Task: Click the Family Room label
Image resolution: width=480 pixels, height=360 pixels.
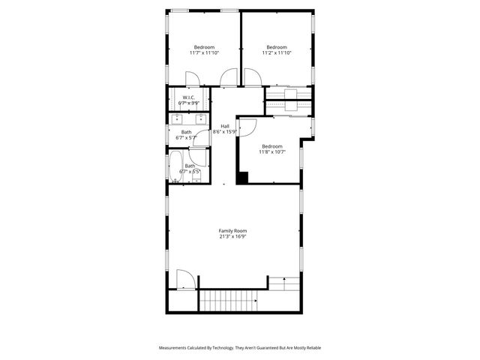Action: [x=232, y=230]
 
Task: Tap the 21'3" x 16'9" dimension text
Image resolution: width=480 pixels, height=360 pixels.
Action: [x=232, y=236]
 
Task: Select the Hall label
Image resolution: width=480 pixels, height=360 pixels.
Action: [x=225, y=126]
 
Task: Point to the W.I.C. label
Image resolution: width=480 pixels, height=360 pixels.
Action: [x=188, y=97]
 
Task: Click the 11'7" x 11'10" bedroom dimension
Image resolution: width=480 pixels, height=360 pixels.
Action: [x=203, y=52]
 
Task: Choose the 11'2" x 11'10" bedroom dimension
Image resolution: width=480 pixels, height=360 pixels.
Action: [x=277, y=52]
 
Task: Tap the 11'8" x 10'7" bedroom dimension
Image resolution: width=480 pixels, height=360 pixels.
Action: [x=271, y=152]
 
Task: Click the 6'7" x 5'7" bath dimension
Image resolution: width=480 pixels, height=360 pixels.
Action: [x=186, y=138]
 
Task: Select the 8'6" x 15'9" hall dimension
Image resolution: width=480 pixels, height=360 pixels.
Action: [x=225, y=132]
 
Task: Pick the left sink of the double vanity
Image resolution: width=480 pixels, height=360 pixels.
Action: [x=178, y=118]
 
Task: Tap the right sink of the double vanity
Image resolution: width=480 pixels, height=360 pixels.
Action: [x=199, y=118]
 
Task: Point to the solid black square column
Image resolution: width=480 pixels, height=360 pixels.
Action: [x=242, y=178]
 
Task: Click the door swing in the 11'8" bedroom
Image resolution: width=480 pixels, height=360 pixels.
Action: [x=248, y=126]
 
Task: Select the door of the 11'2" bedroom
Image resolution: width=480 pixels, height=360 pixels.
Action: [x=229, y=77]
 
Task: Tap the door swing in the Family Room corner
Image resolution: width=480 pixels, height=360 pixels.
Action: [x=185, y=279]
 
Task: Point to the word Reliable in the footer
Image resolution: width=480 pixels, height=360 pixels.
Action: [x=310, y=348]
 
